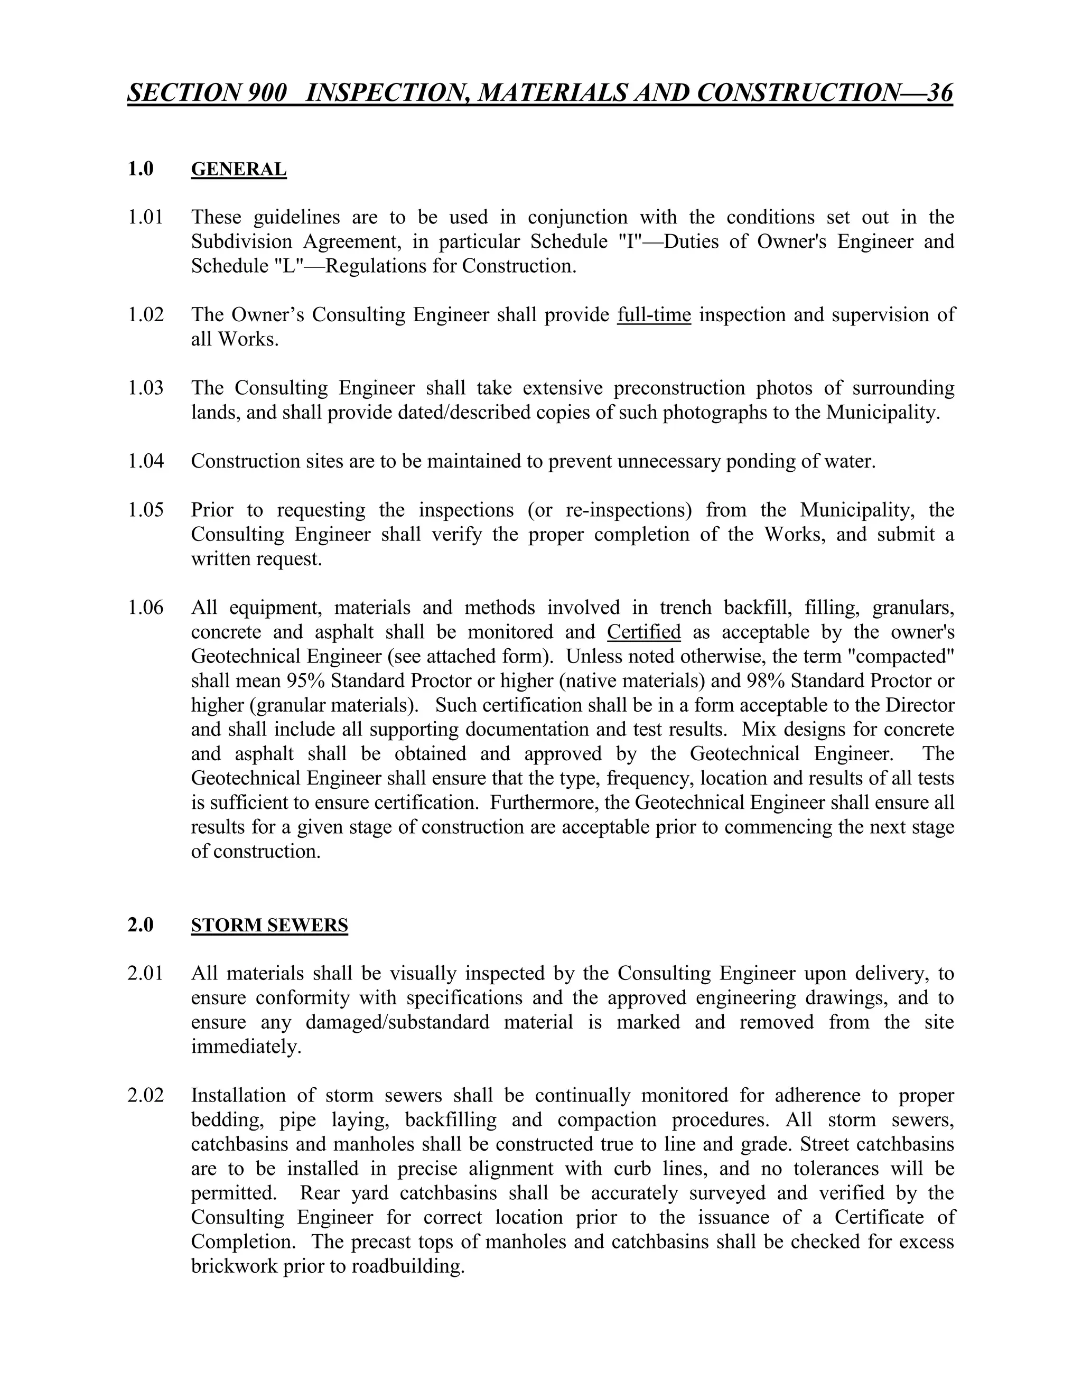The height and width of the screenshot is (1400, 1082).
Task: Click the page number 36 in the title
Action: pyautogui.click(x=939, y=93)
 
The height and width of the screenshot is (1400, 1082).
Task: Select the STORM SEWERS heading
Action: pyautogui.click(x=269, y=925)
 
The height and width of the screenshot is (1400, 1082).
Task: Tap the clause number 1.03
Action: pyautogui.click(x=145, y=388)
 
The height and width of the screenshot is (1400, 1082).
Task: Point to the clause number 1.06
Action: pyautogui.click(x=145, y=607)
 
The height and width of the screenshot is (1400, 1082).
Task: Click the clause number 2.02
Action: pyautogui.click(x=145, y=1096)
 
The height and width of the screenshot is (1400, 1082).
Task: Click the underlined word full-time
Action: pyautogui.click(x=654, y=315)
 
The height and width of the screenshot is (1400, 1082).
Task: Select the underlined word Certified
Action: pyautogui.click(x=643, y=631)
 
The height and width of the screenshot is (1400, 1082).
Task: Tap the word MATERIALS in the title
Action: pyautogui.click(x=553, y=93)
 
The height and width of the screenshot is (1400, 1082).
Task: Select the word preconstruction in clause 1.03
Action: pyautogui.click(x=679, y=388)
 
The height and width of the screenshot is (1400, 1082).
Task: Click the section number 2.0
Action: pyautogui.click(x=141, y=925)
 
